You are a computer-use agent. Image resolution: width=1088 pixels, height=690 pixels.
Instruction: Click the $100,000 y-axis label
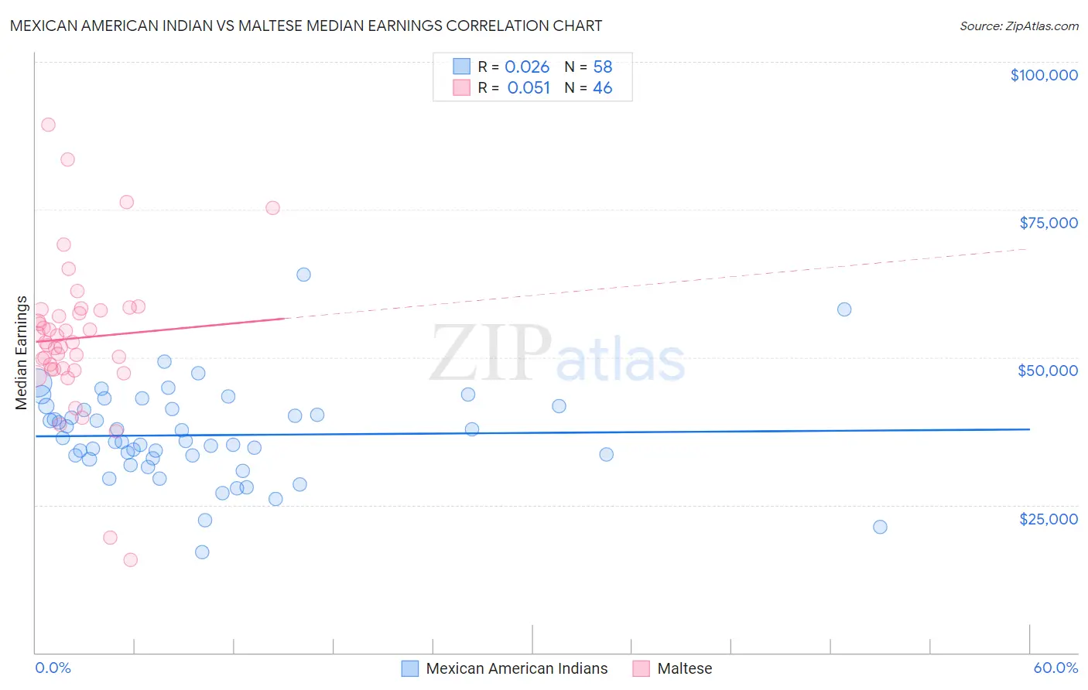[1043, 75]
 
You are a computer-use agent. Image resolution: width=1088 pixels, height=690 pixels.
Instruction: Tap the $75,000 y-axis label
[1048, 223]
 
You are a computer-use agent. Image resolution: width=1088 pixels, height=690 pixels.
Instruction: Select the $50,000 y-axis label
[1047, 371]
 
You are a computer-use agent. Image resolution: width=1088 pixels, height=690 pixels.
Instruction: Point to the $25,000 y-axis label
[1048, 519]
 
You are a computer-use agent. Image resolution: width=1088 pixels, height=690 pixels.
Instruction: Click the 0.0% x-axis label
[53, 668]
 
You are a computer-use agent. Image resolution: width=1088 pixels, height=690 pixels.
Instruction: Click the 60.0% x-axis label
[1055, 668]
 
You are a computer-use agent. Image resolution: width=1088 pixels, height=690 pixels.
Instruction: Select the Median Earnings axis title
[22, 353]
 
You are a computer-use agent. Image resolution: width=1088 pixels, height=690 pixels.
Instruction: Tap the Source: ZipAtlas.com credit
[1018, 26]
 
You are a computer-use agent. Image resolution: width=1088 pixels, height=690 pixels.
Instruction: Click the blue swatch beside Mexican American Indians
[409, 668]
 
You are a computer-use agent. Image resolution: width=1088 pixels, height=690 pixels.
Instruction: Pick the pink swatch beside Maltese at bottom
[641, 668]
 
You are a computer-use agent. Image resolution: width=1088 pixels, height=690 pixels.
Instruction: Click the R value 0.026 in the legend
[527, 67]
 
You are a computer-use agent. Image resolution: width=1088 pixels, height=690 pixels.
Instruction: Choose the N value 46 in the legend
[602, 88]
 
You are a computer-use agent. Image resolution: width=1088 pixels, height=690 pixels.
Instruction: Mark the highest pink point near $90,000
[48, 125]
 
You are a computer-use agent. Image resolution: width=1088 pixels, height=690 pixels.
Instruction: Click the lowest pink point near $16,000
[130, 560]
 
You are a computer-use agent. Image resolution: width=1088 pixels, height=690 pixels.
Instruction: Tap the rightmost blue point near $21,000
[880, 527]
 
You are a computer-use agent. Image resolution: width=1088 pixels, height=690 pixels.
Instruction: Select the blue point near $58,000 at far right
[844, 309]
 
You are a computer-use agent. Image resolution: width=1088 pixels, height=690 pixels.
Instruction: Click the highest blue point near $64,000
[303, 275]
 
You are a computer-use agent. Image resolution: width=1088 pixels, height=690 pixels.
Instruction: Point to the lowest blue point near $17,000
[202, 552]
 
